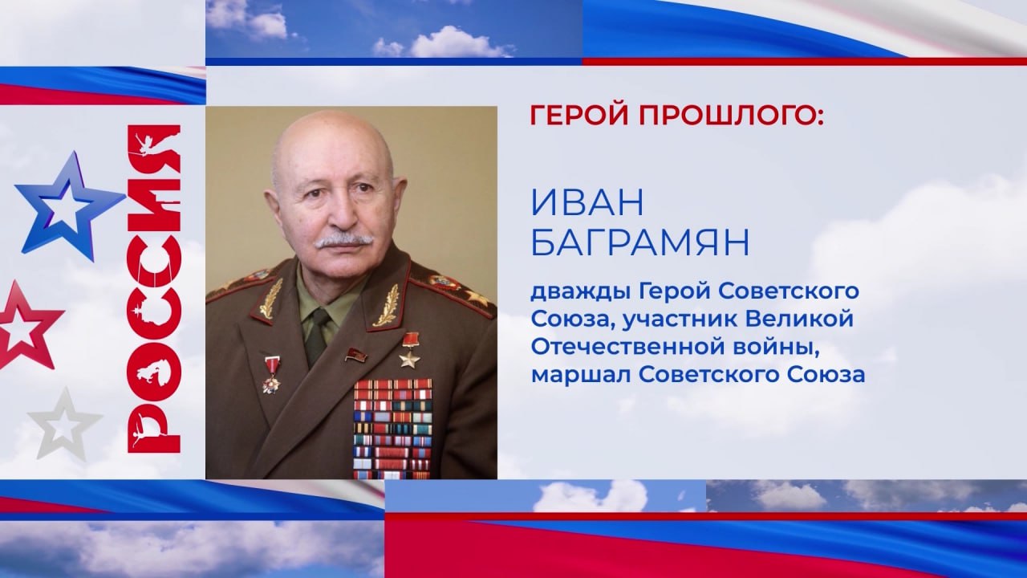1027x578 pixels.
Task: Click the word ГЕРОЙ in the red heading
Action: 579,116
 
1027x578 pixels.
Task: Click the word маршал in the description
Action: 580,375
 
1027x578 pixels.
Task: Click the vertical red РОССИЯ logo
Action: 153,289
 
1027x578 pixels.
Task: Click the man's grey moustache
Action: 344,242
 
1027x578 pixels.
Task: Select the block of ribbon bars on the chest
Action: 393,429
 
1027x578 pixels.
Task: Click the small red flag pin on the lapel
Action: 355,353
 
